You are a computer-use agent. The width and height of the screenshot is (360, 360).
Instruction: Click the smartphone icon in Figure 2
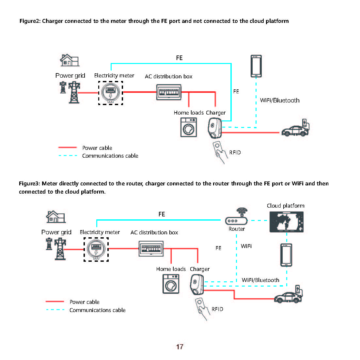click(x=256, y=66)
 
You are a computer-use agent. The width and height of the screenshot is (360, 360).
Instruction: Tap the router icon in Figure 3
click(x=237, y=218)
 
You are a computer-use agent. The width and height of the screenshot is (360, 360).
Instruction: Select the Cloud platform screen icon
click(x=286, y=222)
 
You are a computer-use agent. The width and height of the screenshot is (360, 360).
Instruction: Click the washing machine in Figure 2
click(x=189, y=128)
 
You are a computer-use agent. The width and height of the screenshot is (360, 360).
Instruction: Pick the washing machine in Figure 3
click(x=171, y=284)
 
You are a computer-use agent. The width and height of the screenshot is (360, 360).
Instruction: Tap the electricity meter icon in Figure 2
click(x=111, y=93)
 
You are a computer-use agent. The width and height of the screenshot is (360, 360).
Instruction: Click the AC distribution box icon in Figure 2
click(x=169, y=92)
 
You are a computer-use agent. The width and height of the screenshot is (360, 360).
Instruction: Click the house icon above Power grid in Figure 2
click(x=70, y=60)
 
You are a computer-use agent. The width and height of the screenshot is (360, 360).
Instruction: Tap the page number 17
click(x=180, y=347)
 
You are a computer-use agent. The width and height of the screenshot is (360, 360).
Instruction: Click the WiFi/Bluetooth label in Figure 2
click(x=280, y=100)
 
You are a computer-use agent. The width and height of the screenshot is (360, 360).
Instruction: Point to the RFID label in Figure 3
click(x=217, y=309)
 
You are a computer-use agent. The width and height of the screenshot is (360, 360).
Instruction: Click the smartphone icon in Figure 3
click(x=286, y=255)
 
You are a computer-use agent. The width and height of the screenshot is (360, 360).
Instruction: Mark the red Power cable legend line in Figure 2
click(x=68, y=148)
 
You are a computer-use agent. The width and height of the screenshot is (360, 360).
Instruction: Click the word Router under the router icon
click(x=237, y=229)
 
